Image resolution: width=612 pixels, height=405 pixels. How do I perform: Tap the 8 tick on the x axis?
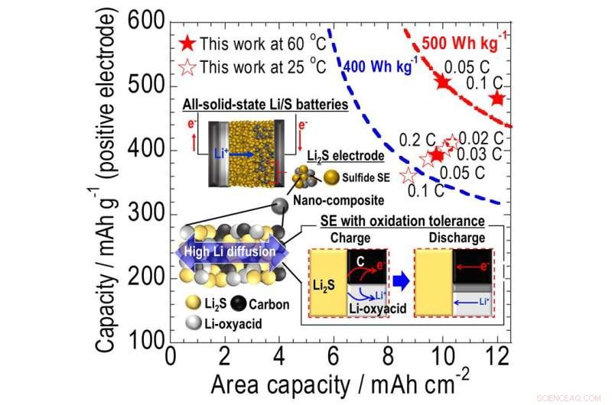tap(389, 356)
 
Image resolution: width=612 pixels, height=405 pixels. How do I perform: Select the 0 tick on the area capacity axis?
tap(170, 356)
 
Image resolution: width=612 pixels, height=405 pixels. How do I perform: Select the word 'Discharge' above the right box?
tap(457, 238)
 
